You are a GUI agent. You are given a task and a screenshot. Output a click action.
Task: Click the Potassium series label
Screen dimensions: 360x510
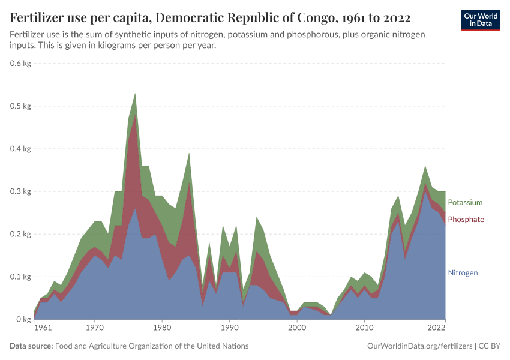[x=465, y=202]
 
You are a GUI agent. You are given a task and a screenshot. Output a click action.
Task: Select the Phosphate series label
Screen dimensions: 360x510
[x=466, y=220]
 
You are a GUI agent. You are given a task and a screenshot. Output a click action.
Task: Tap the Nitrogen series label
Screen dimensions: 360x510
[x=463, y=272]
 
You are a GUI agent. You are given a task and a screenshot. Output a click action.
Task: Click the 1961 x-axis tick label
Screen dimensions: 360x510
[x=43, y=329]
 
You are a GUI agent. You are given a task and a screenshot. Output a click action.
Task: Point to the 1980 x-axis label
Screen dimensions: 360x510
[x=161, y=329]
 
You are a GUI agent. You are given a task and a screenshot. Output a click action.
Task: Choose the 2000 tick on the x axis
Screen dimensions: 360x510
[x=296, y=329]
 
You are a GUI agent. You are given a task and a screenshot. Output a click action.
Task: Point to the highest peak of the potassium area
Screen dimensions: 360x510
[x=135, y=94]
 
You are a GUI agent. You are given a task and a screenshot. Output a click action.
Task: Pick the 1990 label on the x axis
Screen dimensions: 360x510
[x=229, y=329]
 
